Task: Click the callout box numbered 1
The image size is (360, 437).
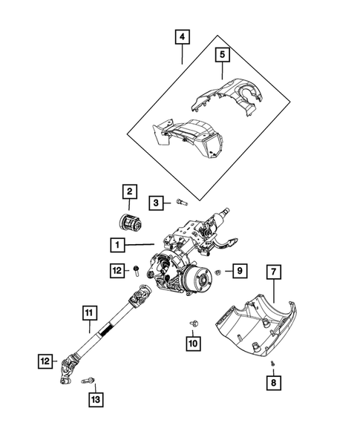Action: (117, 244)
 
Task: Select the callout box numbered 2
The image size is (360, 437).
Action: (128, 193)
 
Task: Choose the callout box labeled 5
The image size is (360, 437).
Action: (221, 54)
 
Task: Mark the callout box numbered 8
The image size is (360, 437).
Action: (274, 383)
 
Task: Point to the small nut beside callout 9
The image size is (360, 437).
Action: (217, 272)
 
